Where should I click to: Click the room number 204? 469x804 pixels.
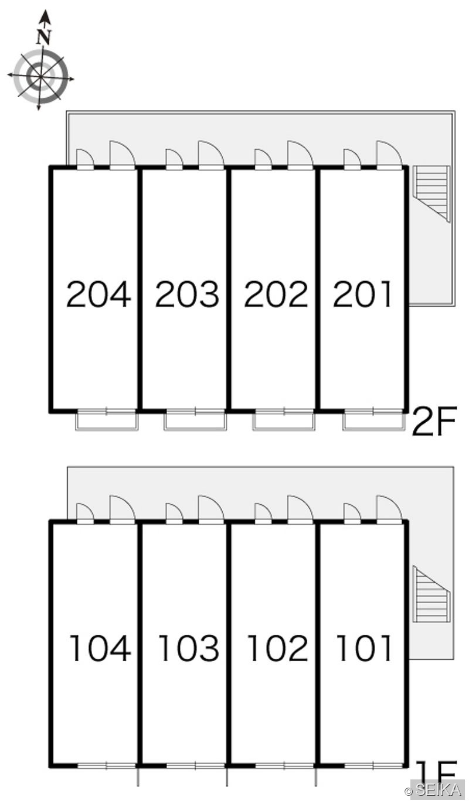coord(98,295)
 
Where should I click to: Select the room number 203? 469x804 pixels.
coord(187,295)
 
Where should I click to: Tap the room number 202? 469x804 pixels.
coord(276,295)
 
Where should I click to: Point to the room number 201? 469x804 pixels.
coord(362,295)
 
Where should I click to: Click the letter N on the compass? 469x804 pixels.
coord(44,37)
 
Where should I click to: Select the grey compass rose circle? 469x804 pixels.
coord(40,77)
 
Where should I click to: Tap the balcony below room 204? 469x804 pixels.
coord(107,420)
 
